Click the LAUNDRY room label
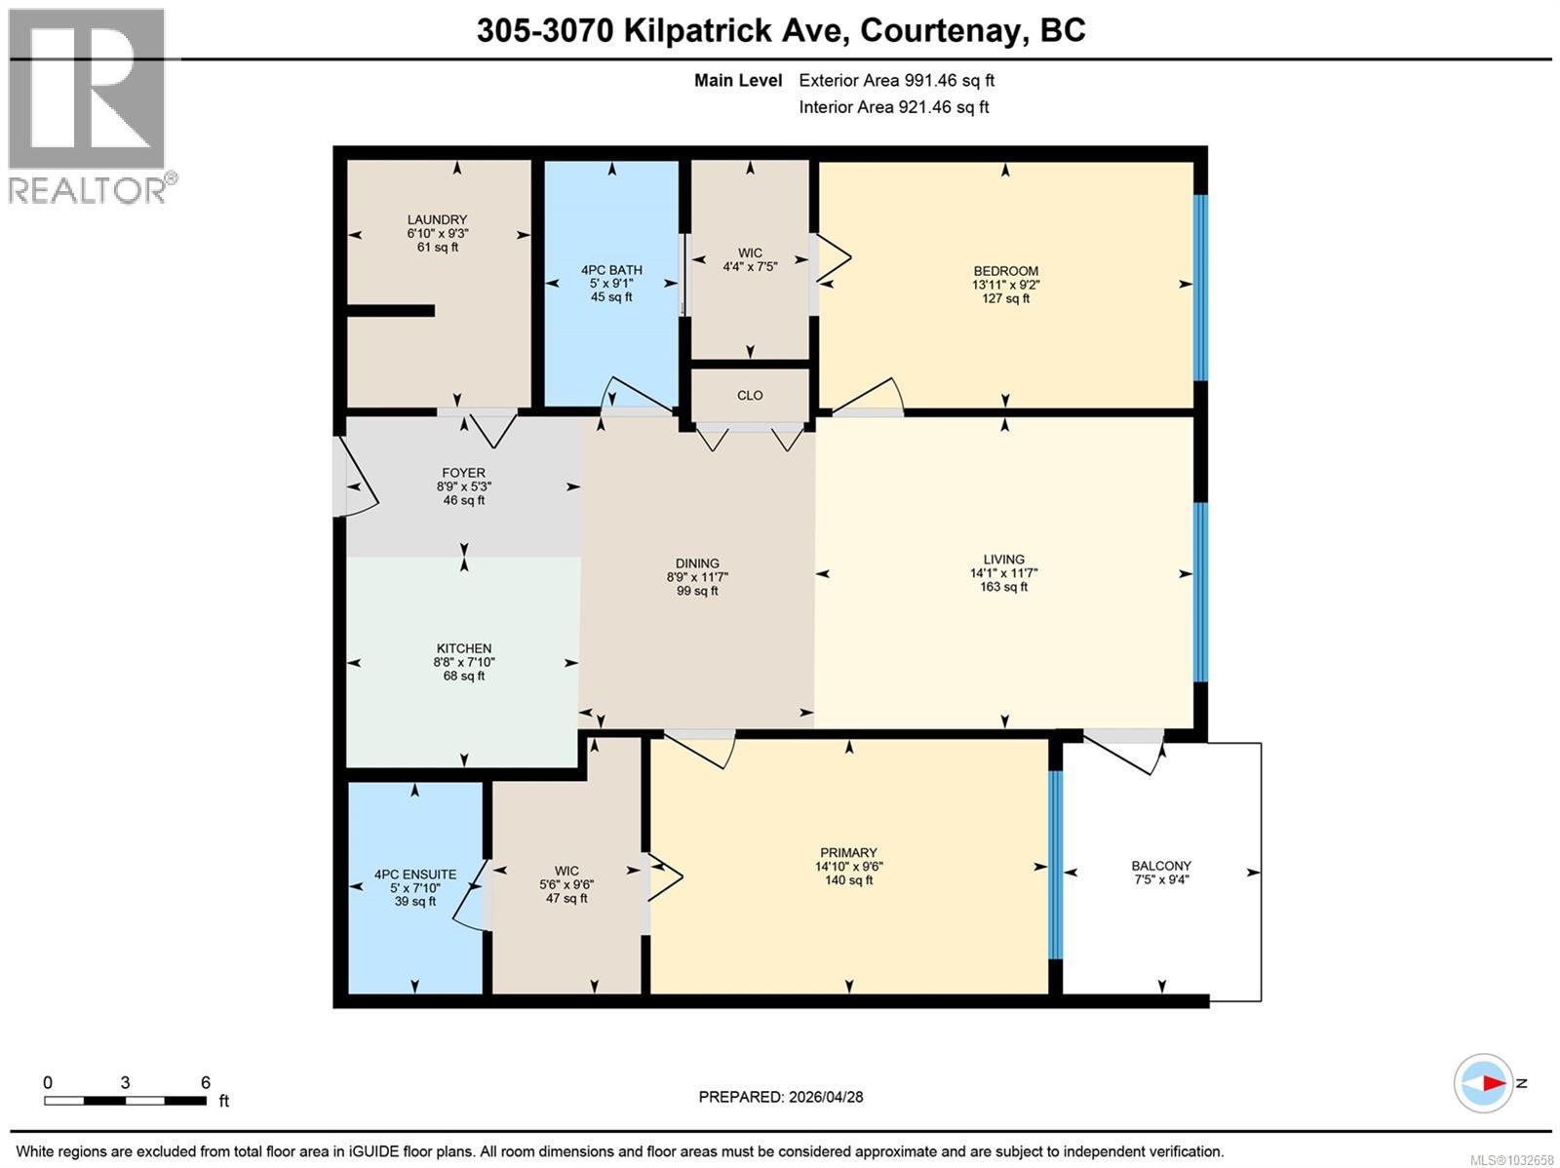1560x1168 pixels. click(437, 219)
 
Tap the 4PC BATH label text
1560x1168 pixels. click(611, 270)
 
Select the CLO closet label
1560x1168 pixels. click(750, 395)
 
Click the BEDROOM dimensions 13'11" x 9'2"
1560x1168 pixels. click(1005, 285)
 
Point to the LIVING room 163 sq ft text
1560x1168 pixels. click(1003, 587)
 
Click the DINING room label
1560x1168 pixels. click(697, 564)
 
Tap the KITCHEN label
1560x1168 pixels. click(463, 648)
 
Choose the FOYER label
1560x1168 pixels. click(462, 473)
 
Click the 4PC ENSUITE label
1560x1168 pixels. click(415, 875)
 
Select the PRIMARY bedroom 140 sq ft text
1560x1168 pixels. click(848, 880)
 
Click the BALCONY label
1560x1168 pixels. click(1160, 865)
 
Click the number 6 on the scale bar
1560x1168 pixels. click(206, 1082)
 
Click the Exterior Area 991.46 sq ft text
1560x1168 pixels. click(896, 81)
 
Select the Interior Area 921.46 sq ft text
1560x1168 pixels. click(893, 107)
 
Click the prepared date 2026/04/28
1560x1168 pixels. click(824, 1097)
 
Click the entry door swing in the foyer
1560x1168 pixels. click(357, 478)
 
